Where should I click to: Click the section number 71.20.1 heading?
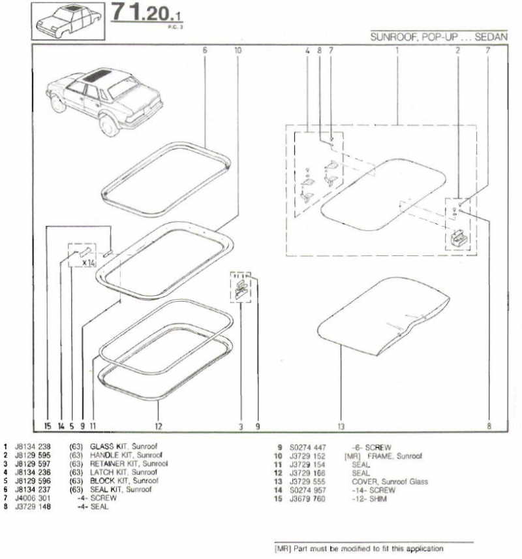pyautogui.click(x=147, y=14)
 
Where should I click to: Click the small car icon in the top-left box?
pyautogui.click(x=68, y=22)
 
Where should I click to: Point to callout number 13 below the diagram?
pyautogui.click(x=341, y=426)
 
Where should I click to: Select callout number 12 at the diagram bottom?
pyautogui.click(x=158, y=426)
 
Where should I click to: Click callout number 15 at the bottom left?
pyautogui.click(x=48, y=426)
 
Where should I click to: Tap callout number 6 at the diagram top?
pyautogui.click(x=205, y=50)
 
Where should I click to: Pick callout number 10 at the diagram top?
pyautogui.click(x=238, y=50)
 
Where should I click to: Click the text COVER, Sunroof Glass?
pyautogui.click(x=390, y=481)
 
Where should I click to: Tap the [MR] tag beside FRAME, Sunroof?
pyautogui.click(x=352, y=456)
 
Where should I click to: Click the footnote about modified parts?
pyautogui.click(x=360, y=549)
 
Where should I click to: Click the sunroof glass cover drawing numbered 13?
pyautogui.click(x=385, y=313)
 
